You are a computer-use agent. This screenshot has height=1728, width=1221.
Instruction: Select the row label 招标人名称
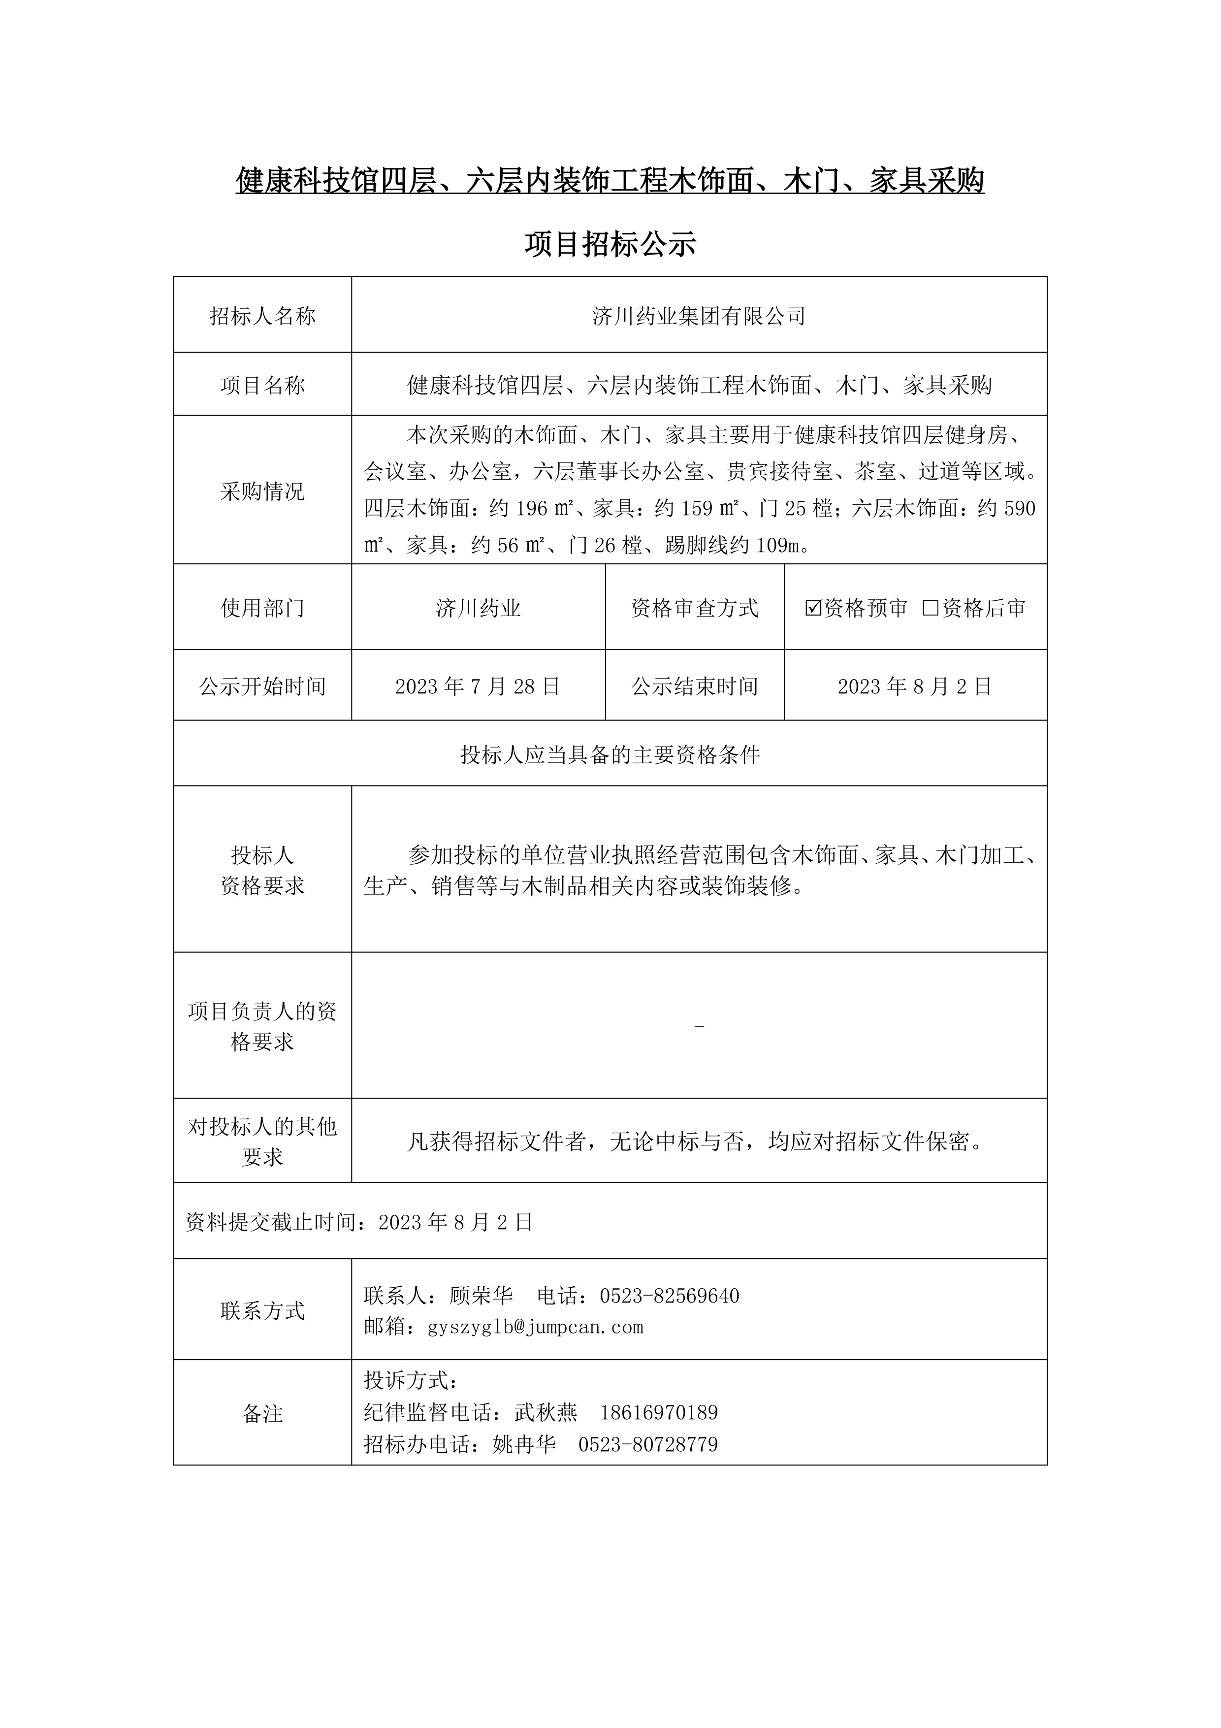(262, 316)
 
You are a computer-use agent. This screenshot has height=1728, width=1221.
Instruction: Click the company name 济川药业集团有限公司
(699, 316)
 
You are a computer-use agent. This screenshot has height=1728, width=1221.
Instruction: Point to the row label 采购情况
(262, 491)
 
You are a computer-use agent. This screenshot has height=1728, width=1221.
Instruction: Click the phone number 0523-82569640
(670, 1296)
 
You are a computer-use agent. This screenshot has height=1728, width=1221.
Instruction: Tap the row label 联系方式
(262, 1311)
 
